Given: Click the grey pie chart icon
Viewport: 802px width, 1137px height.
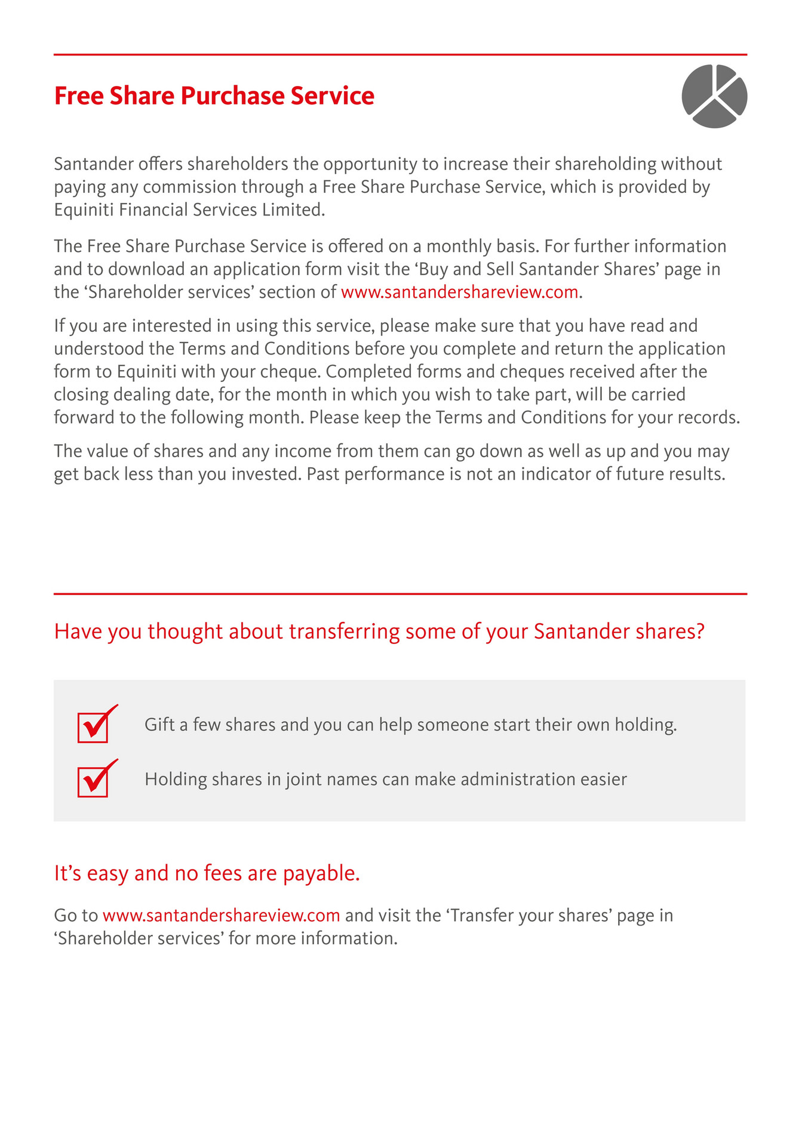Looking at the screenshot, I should [x=714, y=96].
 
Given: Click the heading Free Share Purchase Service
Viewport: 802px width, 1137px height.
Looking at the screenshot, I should [x=214, y=96].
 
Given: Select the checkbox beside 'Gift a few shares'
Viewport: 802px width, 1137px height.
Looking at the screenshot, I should [x=93, y=728].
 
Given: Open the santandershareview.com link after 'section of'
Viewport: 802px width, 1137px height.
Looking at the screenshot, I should [x=459, y=292].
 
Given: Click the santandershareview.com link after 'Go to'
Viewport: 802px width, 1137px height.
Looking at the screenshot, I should [x=221, y=916].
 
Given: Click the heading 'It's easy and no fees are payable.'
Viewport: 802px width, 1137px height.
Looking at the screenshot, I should [x=207, y=874].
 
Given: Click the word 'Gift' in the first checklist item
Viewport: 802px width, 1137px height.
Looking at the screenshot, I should [x=158, y=725].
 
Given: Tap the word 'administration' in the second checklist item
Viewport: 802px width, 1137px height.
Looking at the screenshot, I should [x=518, y=779].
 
